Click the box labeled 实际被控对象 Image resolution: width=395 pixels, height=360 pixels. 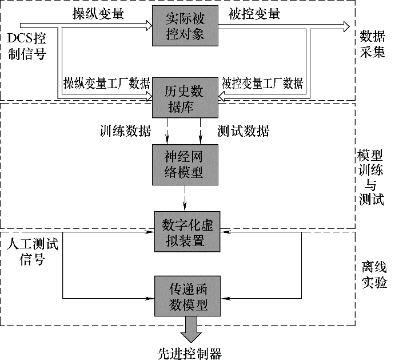pyautogui.click(x=185, y=26)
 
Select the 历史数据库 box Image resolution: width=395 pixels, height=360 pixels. pyautogui.click(x=185, y=98)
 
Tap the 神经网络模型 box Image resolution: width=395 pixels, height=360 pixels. pyautogui.click(x=185, y=165)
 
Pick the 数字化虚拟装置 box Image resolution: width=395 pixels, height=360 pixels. pyautogui.click(x=187, y=232)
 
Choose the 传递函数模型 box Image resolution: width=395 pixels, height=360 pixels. pyautogui.click(x=187, y=296)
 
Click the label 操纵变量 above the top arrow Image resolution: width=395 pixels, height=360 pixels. pyautogui.click(x=98, y=13)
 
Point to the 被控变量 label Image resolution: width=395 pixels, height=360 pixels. pyautogui.click(x=254, y=13)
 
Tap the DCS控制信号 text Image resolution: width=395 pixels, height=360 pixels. pyautogui.click(x=27, y=46)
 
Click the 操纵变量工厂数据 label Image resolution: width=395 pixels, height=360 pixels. pyautogui.click(x=107, y=83)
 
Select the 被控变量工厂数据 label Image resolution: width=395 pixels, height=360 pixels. pyautogui.click(x=262, y=83)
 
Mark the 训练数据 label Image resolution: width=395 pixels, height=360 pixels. pyautogui.click(x=125, y=131)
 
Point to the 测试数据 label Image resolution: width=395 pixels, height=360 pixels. pyautogui.click(x=244, y=131)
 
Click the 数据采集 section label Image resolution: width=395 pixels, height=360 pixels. pyautogui.click(x=372, y=44)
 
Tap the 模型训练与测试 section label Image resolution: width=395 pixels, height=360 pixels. pyautogui.click(x=371, y=177)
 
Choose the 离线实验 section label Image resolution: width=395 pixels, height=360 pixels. pyautogui.click(x=374, y=275)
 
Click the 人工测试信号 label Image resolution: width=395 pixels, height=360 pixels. pyautogui.click(x=33, y=251)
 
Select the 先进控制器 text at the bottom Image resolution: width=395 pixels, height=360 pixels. pyautogui.click(x=190, y=354)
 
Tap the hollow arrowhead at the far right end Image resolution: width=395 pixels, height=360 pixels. pyautogui.click(x=346, y=26)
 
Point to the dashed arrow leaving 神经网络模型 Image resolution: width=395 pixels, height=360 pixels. pyautogui.click(x=185, y=198)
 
